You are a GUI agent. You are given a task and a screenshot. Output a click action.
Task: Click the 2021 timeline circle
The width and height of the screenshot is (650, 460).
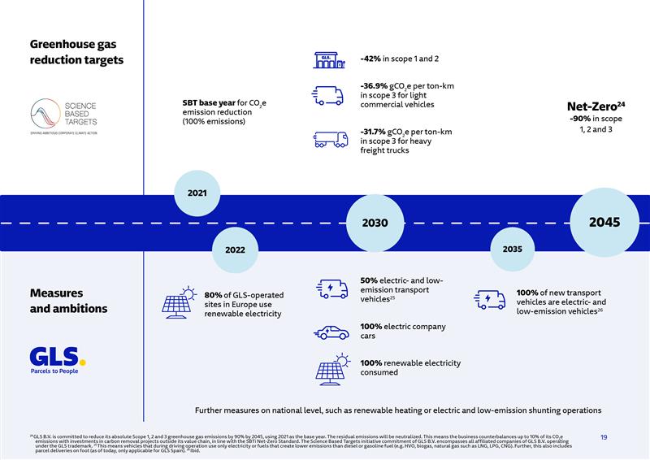(197, 193)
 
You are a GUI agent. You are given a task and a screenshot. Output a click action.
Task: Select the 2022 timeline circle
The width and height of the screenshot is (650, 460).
(235, 250)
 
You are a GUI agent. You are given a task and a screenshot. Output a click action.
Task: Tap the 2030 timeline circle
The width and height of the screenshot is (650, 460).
(375, 223)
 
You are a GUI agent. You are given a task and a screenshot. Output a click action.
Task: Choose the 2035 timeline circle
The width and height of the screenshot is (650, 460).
(512, 250)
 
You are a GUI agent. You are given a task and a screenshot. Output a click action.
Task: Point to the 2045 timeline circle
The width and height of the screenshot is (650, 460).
(604, 222)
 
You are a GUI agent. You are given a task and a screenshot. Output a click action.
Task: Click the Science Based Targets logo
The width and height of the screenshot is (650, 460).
(63, 116)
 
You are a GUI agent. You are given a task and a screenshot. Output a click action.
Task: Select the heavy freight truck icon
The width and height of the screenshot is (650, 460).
(331, 139)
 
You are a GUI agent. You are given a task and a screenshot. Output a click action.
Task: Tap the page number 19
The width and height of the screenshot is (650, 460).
(604, 437)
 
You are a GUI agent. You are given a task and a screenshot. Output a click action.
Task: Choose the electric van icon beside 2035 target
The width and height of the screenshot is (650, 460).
(489, 300)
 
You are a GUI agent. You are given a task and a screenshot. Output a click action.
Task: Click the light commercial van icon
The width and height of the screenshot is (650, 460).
(327, 95)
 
